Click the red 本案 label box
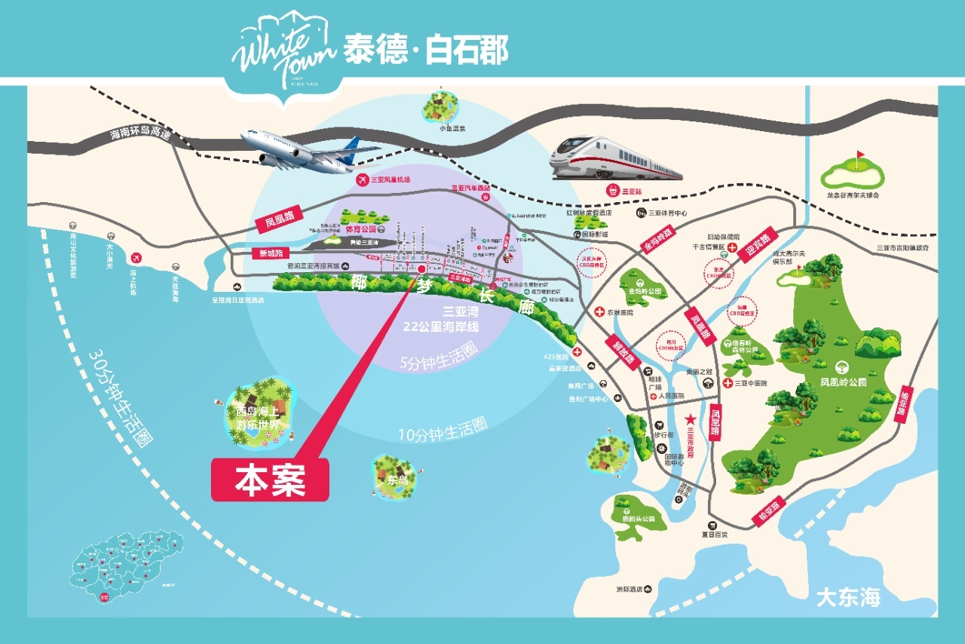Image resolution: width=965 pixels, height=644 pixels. (x=270, y=480)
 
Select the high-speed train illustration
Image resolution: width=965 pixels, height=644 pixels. (x=614, y=158)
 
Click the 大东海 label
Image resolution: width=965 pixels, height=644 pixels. (x=848, y=598)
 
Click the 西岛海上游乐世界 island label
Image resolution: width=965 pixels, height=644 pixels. (x=258, y=419)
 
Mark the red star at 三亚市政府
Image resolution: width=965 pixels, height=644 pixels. (x=689, y=420)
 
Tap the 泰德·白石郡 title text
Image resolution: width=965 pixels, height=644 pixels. (x=426, y=50)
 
